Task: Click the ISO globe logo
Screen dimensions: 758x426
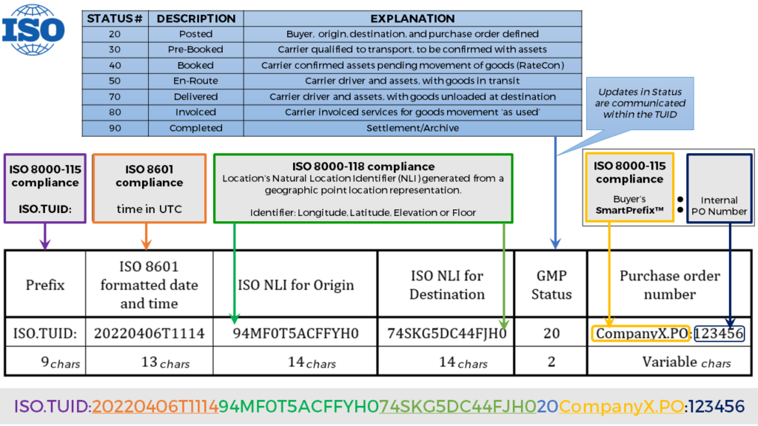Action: (33, 30)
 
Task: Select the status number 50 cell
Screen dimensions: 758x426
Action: (115, 81)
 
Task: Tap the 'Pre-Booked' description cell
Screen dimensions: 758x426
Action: (195, 50)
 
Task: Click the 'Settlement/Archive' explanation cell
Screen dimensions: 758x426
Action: (412, 128)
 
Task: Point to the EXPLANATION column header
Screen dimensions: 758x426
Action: (412, 18)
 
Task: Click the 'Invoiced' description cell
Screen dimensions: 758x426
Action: (195, 112)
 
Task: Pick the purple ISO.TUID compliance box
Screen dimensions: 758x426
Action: (45, 189)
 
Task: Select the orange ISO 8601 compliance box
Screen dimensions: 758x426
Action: (150, 189)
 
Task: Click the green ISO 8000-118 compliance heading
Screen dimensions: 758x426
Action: (363, 166)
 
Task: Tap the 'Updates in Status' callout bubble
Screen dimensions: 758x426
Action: (640, 104)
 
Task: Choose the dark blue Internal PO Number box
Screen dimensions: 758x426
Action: (720, 189)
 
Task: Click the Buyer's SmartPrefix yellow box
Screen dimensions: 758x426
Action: (629, 187)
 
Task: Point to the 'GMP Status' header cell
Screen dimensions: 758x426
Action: (551, 285)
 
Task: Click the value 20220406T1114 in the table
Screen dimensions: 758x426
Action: (150, 334)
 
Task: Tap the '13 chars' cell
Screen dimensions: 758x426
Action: (150, 362)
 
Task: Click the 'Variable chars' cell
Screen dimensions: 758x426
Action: (670, 362)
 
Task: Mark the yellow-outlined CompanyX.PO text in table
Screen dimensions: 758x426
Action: (641, 334)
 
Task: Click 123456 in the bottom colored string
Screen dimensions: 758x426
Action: (717, 406)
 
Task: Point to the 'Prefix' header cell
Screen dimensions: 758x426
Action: (45, 285)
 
